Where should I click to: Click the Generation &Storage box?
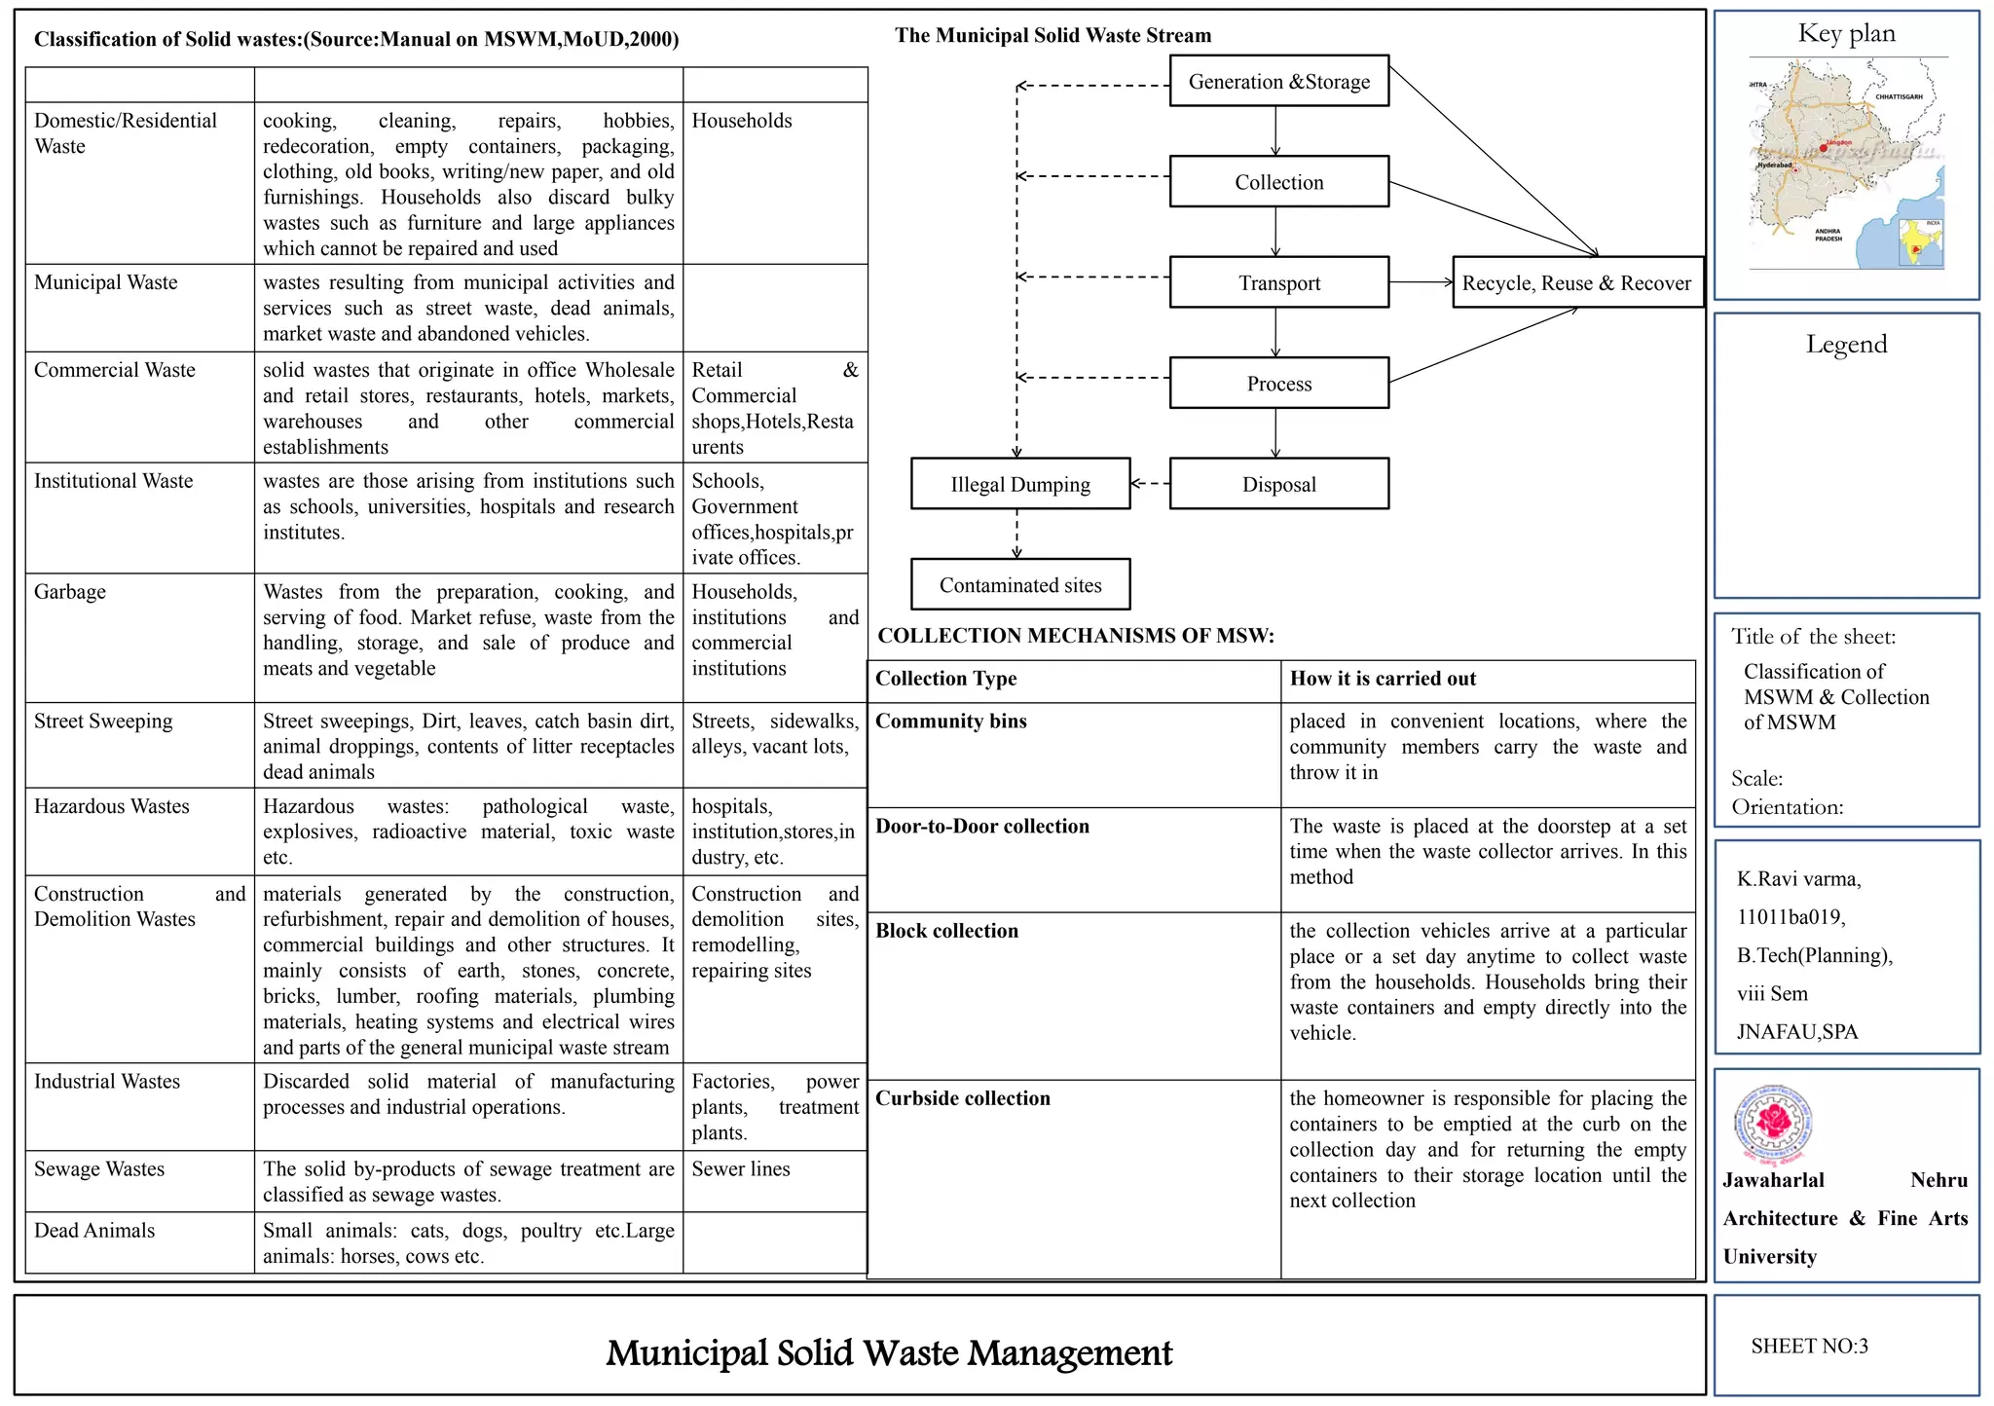click(1278, 82)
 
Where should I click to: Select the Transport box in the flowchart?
click(1278, 283)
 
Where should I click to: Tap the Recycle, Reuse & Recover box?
click(1576, 283)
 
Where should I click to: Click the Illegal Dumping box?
click(1019, 485)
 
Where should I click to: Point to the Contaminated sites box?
click(1019, 585)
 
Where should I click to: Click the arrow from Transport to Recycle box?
click(1421, 282)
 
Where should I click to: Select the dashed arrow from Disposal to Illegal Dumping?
click(1150, 483)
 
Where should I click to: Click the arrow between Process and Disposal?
click(1275, 432)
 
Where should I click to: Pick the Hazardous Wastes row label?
click(112, 806)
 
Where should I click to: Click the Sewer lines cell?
click(741, 1168)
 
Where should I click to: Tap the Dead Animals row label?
click(94, 1231)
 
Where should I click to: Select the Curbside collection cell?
click(963, 1098)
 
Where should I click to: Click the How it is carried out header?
click(1383, 679)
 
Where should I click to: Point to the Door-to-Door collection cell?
click(982, 826)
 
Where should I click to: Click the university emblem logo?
click(1774, 1125)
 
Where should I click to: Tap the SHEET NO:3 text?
click(1809, 1346)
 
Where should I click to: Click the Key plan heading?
click(1846, 34)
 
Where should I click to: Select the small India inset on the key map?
click(1920, 242)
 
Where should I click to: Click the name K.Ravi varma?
click(1798, 879)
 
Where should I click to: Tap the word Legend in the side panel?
click(1846, 344)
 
